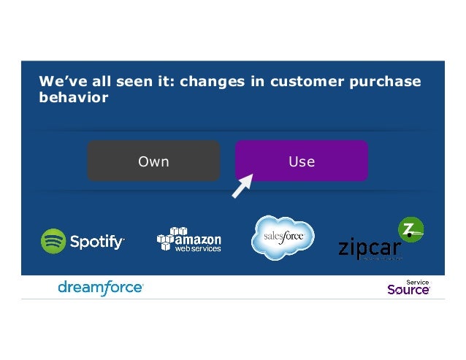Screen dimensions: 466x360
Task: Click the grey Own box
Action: click(x=153, y=161)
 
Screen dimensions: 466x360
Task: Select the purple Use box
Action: click(x=301, y=161)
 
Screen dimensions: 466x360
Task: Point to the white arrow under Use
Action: click(x=242, y=185)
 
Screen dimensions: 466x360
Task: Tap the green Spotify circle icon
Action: click(x=53, y=241)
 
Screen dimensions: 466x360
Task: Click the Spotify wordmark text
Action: click(x=97, y=242)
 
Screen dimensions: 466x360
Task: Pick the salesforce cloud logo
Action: click(x=283, y=237)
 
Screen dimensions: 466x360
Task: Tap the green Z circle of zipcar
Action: click(x=410, y=230)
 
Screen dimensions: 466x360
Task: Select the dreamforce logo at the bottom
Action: click(x=100, y=288)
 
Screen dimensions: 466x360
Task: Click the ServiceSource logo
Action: click(x=408, y=288)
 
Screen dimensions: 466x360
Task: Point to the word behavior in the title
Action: click(x=74, y=97)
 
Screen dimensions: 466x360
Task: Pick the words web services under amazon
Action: click(x=197, y=249)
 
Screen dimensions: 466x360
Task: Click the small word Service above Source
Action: click(x=418, y=280)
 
